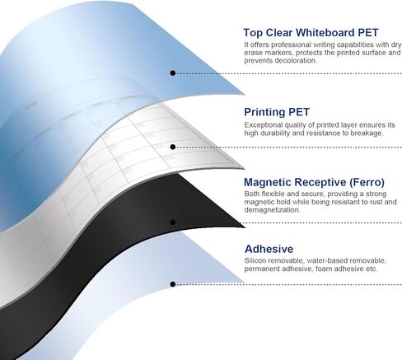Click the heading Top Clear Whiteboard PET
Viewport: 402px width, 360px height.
(311, 33)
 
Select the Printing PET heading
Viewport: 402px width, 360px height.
(277, 112)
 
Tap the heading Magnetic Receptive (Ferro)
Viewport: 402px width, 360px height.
(314, 182)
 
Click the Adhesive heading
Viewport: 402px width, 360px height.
(269, 249)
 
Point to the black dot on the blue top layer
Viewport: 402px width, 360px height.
(173, 73)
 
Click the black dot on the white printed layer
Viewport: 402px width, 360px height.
(173, 147)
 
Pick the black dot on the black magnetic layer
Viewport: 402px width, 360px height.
(173, 222)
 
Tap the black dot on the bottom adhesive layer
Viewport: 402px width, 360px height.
(173, 284)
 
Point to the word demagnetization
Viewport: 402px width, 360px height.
(273, 210)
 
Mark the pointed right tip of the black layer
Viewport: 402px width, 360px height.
(245, 227)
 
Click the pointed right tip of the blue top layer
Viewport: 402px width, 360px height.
(245, 95)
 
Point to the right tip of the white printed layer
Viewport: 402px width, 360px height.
(244, 169)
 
